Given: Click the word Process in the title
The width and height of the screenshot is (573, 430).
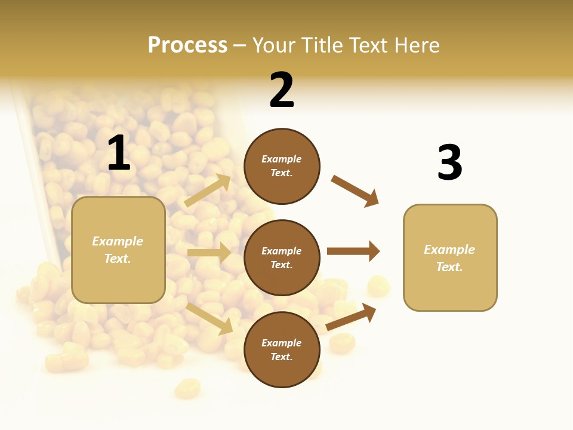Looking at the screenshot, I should click(187, 45).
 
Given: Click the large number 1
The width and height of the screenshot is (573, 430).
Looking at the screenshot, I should click(119, 153).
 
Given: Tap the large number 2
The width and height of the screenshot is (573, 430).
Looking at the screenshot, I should click(282, 90).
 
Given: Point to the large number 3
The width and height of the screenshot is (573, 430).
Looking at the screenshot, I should click(449, 162).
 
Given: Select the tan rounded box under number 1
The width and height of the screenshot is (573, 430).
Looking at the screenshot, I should click(118, 250).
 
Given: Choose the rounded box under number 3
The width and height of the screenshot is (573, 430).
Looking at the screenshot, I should click(450, 258).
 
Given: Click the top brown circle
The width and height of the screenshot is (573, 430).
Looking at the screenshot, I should click(282, 166).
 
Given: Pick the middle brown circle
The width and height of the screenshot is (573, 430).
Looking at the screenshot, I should click(282, 257).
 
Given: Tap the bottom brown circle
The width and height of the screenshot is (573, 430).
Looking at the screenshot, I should click(282, 349).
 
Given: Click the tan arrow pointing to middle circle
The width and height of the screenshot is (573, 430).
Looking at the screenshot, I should click(209, 253).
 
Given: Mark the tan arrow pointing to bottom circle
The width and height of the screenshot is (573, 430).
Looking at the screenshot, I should click(209, 318).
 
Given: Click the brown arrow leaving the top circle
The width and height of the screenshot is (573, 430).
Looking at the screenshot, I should click(355, 191).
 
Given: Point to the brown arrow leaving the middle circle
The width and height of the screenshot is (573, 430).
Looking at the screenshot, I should click(353, 251).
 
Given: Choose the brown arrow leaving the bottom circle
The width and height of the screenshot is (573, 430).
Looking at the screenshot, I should click(351, 317).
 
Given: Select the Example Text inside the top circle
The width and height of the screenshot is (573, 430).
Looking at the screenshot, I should click(282, 166).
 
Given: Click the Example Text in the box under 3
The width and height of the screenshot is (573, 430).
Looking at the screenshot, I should click(449, 258).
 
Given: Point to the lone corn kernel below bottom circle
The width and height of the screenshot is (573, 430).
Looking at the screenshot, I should click(187, 388).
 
